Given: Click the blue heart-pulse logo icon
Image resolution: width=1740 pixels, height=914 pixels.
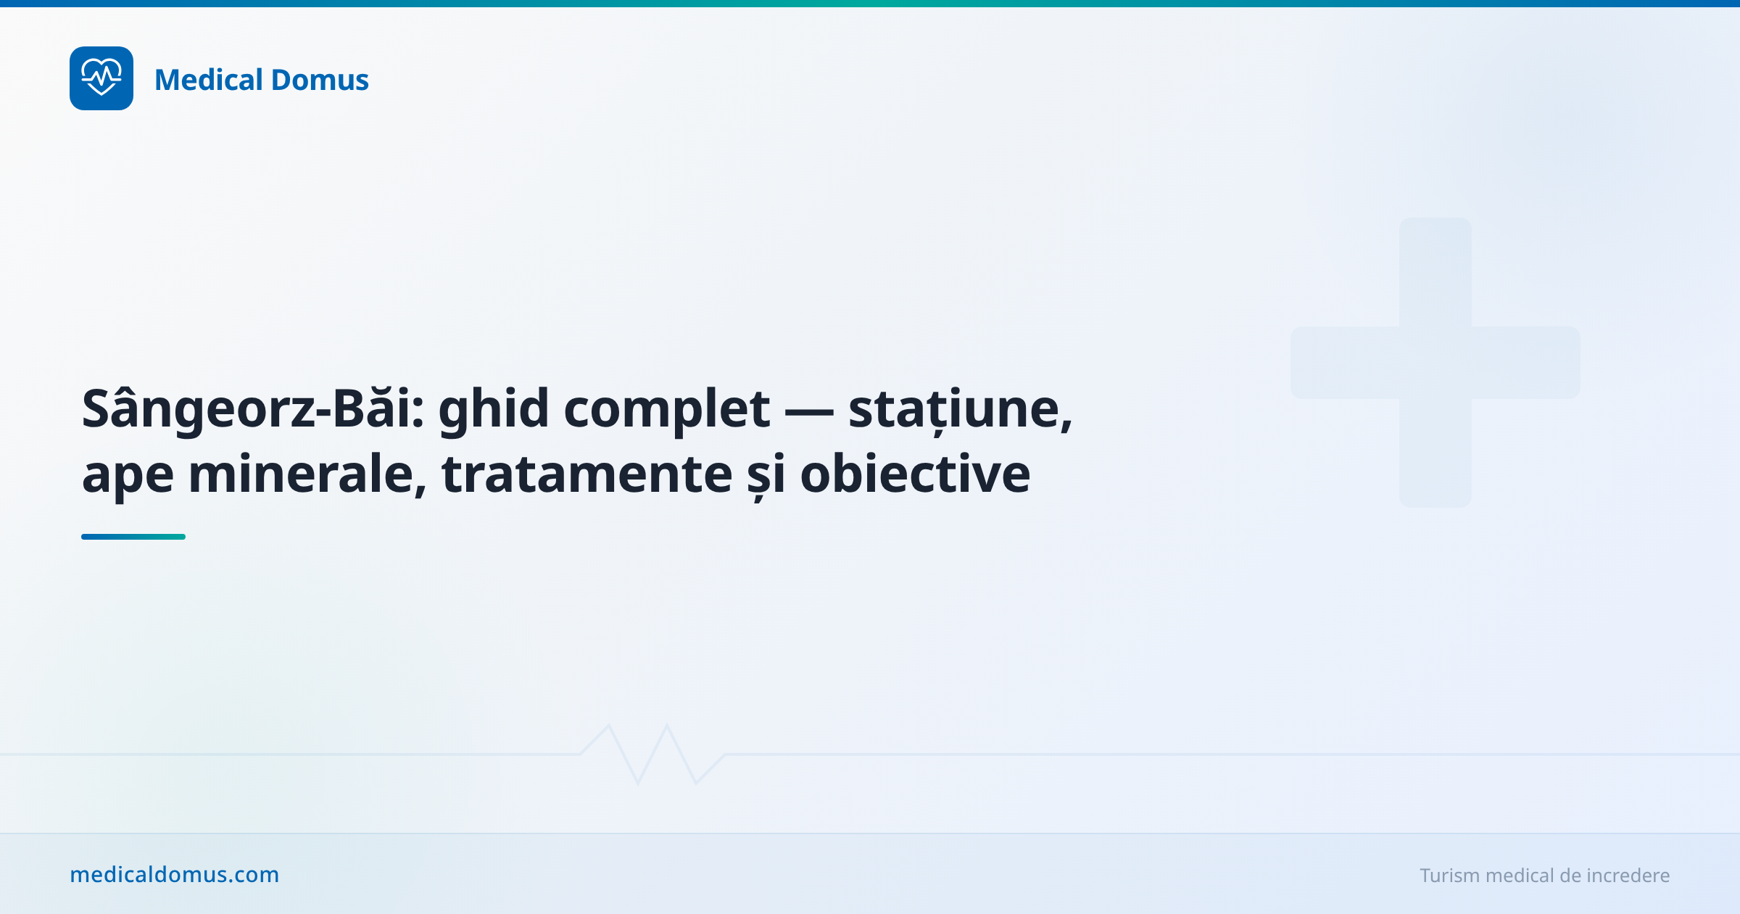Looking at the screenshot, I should coord(101,78).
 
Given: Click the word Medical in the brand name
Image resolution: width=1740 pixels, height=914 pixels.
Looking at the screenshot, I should coord(209,80).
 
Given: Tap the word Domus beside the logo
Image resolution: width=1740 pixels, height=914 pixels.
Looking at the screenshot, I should coord(320,80).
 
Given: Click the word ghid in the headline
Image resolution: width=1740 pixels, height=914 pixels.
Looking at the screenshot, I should coord(494,409).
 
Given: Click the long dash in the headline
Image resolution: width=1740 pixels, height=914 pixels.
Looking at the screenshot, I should coord(809,411).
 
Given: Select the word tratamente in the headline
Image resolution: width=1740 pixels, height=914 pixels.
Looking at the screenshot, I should coord(587,474).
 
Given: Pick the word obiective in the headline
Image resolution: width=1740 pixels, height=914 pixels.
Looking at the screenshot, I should coord(915,474).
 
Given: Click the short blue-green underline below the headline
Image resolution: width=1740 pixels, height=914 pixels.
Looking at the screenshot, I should coord(133,537).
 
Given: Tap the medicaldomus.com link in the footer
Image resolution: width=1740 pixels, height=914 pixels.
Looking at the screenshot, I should coord(174,875).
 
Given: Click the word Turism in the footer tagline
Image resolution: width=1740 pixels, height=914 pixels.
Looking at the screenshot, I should coord(1449,876).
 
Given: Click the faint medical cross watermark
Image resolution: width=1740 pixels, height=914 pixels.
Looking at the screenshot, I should coord(1435,363).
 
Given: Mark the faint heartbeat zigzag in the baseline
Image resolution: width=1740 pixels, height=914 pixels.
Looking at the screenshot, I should coord(652,754).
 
